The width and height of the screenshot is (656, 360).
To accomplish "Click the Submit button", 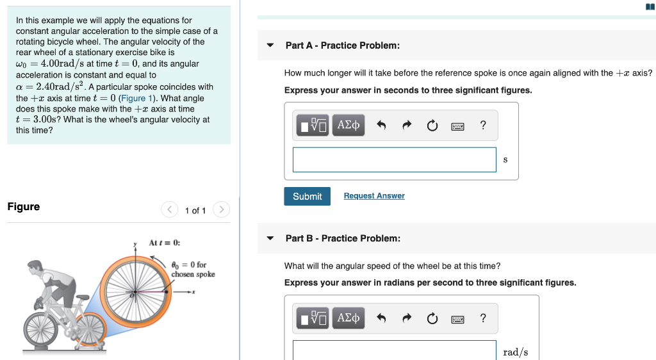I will coord(307,196).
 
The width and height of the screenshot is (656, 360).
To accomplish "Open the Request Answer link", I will coord(374,196).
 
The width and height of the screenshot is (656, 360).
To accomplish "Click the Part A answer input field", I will coord(394,160).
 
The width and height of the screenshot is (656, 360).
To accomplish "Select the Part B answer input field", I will coord(394,351).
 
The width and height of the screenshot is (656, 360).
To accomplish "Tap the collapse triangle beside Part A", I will coord(270,45).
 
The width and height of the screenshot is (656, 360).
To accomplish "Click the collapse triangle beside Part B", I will coord(270,238).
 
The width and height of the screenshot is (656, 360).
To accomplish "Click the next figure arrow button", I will coord(220,209).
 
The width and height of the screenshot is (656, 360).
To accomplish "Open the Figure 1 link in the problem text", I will coord(133,98).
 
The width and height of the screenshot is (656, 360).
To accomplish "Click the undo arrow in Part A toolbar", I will coord(381,126).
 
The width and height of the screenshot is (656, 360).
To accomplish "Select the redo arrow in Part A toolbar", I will coord(406,126).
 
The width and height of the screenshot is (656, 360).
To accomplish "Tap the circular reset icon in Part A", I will coord(432,126).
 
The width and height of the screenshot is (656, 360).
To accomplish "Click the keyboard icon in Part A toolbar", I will coord(457,126).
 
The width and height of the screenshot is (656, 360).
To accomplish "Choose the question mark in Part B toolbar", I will coord(483,318).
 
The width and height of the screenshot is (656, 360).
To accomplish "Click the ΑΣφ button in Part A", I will coord(348,125).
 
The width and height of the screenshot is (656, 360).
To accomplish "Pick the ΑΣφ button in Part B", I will coord(348,318).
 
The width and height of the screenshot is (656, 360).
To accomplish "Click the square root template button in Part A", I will coord(313,126).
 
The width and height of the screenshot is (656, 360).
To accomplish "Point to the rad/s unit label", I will coord(516,352).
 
